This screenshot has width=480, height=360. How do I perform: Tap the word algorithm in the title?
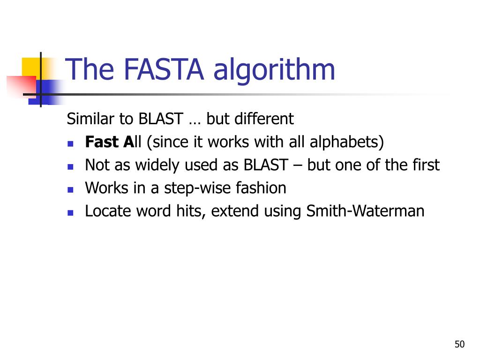[x=274, y=70]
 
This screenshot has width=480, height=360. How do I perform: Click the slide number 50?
[x=459, y=345]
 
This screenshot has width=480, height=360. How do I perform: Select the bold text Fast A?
[x=109, y=142]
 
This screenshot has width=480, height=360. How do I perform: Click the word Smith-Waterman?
[x=365, y=211]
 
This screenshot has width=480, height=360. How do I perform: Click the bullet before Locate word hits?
[x=71, y=212]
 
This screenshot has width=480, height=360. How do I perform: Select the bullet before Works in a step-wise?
[x=71, y=189]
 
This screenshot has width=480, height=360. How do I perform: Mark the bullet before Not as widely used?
[x=71, y=166]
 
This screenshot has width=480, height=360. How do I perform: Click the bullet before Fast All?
[x=71, y=143]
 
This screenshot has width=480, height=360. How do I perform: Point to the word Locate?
[x=108, y=211]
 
